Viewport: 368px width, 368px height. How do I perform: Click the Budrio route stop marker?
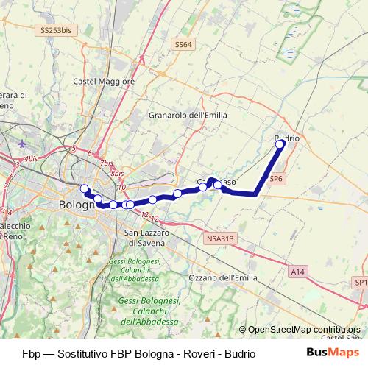(x=280, y=144)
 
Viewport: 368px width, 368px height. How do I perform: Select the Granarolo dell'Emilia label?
(x=188, y=115)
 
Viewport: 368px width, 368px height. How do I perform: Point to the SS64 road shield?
(x=184, y=45)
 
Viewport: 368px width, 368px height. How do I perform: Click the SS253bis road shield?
(x=57, y=31)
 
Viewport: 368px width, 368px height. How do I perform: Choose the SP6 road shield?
(x=276, y=179)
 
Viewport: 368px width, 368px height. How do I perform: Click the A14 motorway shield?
(x=297, y=272)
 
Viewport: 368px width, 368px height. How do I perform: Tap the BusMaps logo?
(x=328, y=353)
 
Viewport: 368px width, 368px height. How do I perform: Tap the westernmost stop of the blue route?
(x=85, y=188)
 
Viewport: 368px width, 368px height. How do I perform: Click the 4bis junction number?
(x=30, y=159)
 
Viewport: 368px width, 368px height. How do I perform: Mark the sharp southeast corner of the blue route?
(x=255, y=194)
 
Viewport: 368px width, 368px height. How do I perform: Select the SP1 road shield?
(x=360, y=283)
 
